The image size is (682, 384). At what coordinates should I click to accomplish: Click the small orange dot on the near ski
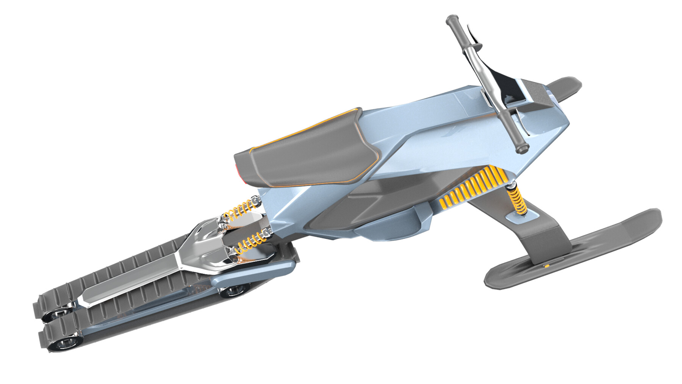coord(547,266)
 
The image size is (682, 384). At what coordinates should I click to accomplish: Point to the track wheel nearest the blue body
coord(232,291)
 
